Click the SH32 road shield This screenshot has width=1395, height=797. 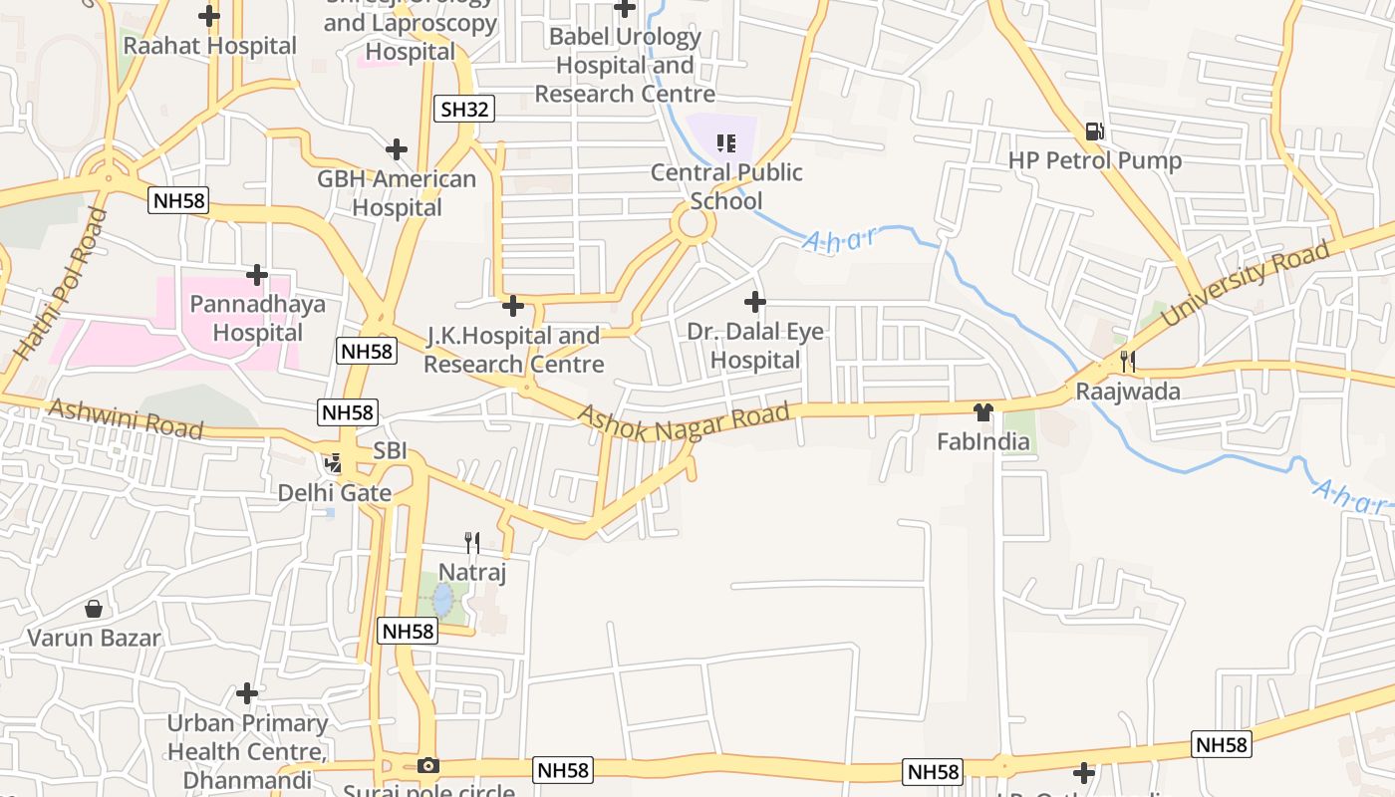(464, 110)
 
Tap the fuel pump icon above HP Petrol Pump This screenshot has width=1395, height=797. (1094, 132)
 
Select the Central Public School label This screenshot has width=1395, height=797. (726, 186)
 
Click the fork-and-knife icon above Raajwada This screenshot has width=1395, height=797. (1127, 362)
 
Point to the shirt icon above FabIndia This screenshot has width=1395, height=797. (983, 412)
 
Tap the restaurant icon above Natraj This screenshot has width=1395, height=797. (472, 543)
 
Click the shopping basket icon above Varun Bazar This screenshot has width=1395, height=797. (94, 608)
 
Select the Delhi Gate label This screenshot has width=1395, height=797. (334, 492)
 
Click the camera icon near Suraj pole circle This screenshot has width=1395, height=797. (428, 765)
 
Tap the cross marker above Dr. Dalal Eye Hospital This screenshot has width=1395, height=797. (755, 301)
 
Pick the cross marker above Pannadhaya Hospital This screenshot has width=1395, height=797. (257, 274)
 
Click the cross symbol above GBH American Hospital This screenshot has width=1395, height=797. (397, 149)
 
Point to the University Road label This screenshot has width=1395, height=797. (1246, 282)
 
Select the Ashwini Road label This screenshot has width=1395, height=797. (126, 418)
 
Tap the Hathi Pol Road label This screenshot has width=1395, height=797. (60, 284)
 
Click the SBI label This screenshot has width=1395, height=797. (390, 450)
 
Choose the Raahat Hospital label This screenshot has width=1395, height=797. (209, 46)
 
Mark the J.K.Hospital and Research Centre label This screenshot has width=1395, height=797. (513, 350)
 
